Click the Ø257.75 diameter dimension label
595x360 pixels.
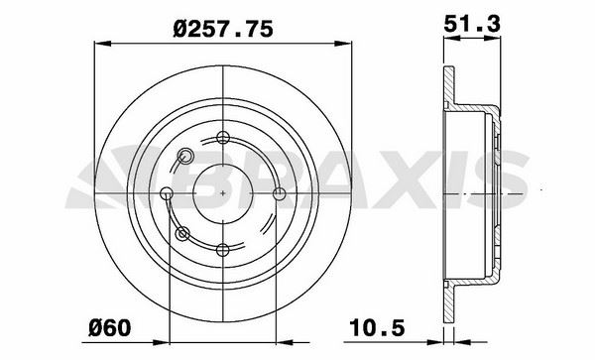(x=223, y=29)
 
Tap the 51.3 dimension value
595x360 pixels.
(x=472, y=24)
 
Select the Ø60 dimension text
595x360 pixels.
(x=110, y=327)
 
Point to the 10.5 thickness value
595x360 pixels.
(x=377, y=327)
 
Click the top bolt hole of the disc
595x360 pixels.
(x=223, y=137)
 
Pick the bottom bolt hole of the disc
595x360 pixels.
(x=223, y=250)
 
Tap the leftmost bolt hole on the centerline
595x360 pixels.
(x=167, y=193)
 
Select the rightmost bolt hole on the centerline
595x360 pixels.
(x=280, y=193)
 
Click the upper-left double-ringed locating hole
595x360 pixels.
(x=185, y=156)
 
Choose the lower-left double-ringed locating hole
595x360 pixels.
(x=182, y=234)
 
